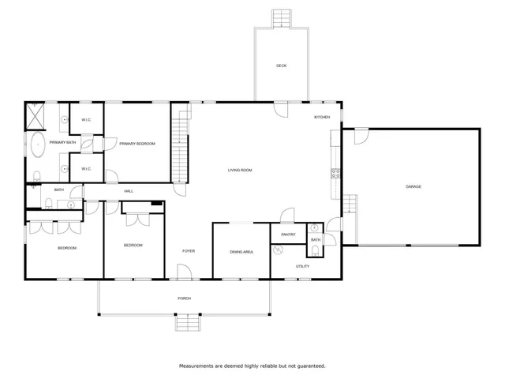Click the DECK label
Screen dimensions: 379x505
(281, 66)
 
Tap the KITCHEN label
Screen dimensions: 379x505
(322, 117)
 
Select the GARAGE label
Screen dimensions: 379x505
(413, 186)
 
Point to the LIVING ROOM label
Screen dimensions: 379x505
(240, 170)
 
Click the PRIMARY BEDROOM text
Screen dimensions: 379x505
(137, 144)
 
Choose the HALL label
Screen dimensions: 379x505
(129, 191)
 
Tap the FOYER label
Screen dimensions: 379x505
(189, 251)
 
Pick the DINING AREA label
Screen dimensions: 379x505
(241, 252)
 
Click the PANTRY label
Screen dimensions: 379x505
(288, 234)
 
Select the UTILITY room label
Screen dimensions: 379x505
(303, 266)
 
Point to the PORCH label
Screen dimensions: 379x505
(185, 298)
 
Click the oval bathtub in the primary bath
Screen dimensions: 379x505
(37, 145)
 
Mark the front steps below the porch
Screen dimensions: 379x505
(186, 322)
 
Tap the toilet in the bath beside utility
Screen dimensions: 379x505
(315, 252)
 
